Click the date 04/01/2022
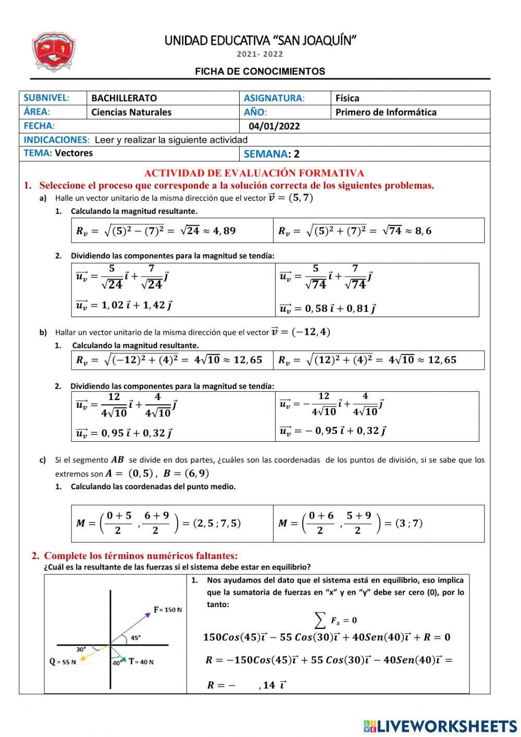(274, 126)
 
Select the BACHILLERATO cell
(124, 98)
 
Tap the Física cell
(348, 98)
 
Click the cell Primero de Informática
(386, 112)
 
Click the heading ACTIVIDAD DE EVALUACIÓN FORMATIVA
(254, 173)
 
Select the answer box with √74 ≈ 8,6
(378, 231)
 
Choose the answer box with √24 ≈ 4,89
(172, 231)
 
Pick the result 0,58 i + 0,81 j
(328, 308)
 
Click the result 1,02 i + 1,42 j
(124, 305)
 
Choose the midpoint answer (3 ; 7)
(378, 523)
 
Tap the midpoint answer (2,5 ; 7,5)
(172, 523)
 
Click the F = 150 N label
(168, 609)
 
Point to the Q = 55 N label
(63, 661)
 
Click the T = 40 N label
(141, 661)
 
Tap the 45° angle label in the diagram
(135, 637)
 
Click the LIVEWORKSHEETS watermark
(440, 726)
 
